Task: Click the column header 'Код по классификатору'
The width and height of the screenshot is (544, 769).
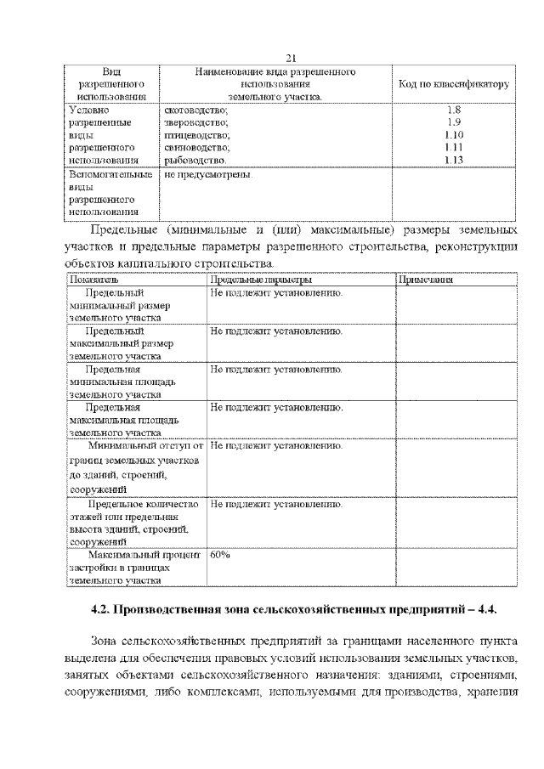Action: click(453, 85)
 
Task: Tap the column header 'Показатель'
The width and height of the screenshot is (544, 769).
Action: click(89, 280)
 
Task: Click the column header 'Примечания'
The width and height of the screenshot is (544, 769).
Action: click(425, 280)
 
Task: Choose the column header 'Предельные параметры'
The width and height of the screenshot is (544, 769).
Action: click(261, 280)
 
